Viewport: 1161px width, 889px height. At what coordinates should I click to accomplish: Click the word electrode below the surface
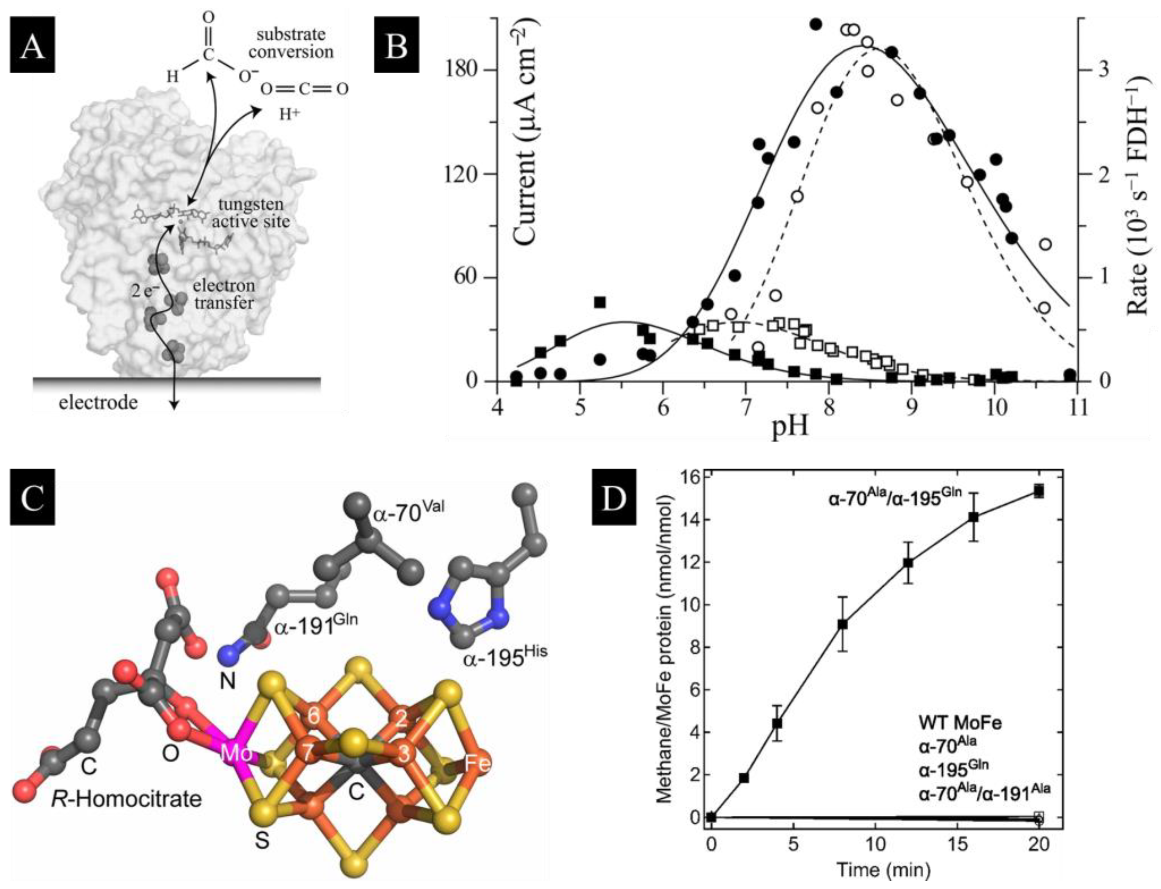pos(98,403)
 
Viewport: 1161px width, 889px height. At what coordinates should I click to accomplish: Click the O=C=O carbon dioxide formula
pos(304,89)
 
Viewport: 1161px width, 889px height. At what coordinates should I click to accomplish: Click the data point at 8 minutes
pos(843,625)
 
